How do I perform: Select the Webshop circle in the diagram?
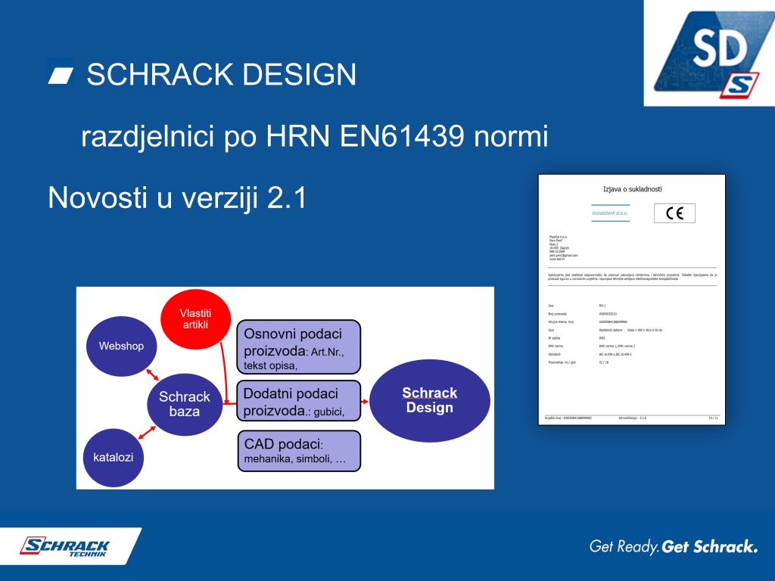[121, 346]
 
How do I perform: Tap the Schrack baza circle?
[184, 404]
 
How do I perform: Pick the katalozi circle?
[114, 458]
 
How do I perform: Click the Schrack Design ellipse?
[429, 400]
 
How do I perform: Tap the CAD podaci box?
[299, 450]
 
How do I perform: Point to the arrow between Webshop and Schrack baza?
[154, 374]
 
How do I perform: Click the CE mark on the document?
[674, 214]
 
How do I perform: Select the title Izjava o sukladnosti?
[631, 189]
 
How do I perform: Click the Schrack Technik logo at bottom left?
[66, 546]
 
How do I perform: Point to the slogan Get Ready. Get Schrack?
[673, 546]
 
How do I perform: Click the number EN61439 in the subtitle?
[400, 137]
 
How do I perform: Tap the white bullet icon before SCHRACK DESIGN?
[61, 73]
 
